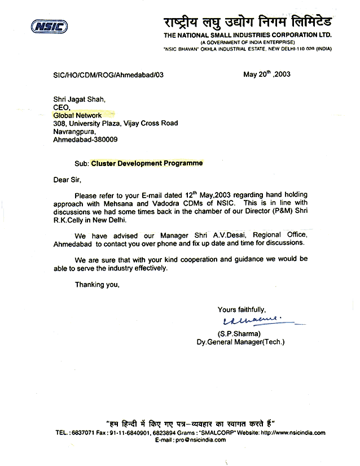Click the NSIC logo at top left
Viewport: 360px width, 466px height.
[x=49, y=26]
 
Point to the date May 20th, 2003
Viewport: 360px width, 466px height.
[x=266, y=74]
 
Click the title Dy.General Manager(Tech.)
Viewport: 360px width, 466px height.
[x=240, y=342]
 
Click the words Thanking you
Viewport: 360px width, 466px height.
[x=97, y=285]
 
